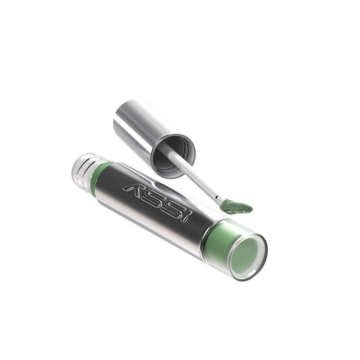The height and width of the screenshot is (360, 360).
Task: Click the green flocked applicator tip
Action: [237, 207]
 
